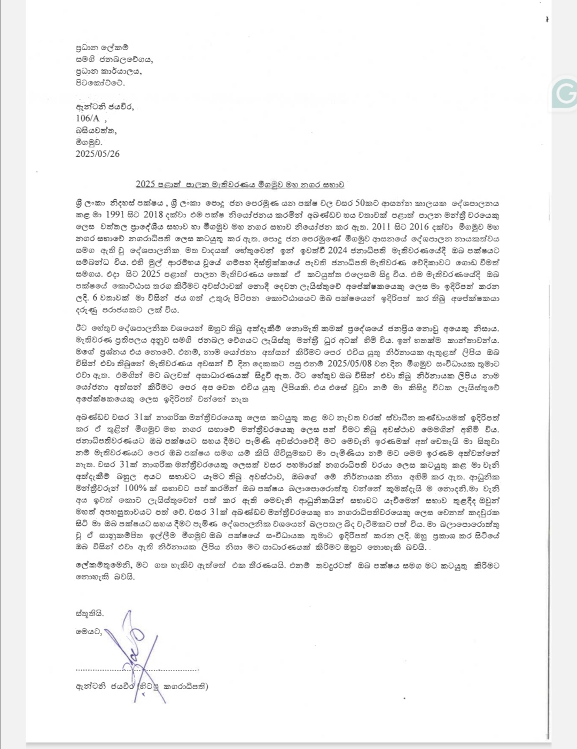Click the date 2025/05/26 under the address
click(x=98, y=154)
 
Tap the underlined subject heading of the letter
click(x=240, y=185)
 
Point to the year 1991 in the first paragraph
click(x=115, y=215)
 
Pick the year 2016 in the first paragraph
click(x=419, y=226)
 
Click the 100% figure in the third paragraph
click(x=135, y=488)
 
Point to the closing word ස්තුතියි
click(x=90, y=613)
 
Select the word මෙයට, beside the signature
click(x=89, y=632)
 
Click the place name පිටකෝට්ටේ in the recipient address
click(x=100, y=83)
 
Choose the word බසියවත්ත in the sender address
click(x=96, y=130)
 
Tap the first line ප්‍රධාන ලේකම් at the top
click(x=102, y=48)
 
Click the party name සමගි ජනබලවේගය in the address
click(x=114, y=59)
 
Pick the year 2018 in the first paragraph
click(x=153, y=215)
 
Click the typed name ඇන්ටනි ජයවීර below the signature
click(x=105, y=687)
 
